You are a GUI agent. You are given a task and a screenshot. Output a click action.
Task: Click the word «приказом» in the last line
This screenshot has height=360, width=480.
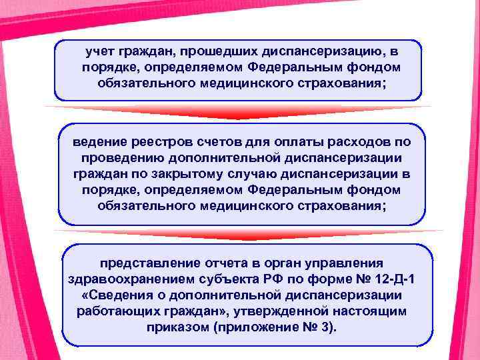175,327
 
